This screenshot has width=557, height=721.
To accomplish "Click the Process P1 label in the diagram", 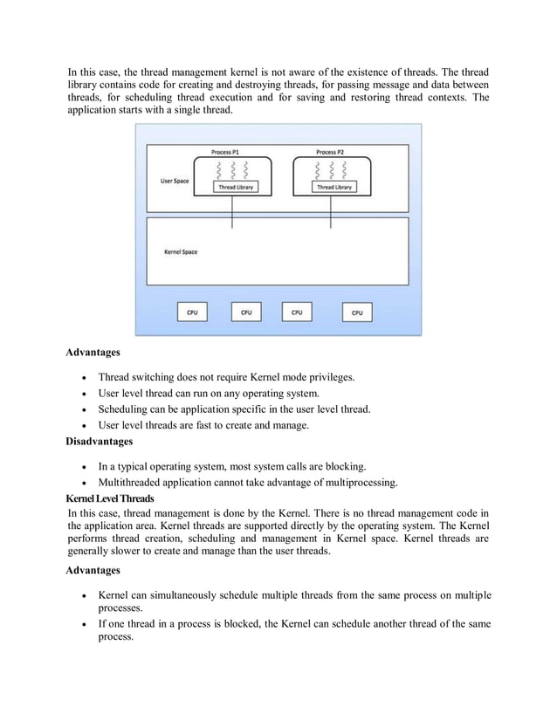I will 232,152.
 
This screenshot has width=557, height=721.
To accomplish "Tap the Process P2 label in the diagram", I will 330,152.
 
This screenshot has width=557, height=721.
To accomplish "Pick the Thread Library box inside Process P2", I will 334,187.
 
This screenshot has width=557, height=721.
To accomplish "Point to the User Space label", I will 175,181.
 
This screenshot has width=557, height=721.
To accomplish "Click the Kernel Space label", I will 181,252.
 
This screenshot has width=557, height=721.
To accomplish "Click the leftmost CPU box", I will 192,312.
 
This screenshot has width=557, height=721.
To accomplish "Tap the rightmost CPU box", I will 357,312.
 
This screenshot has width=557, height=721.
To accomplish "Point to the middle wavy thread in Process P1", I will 233,169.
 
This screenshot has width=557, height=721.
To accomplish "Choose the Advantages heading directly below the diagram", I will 93,354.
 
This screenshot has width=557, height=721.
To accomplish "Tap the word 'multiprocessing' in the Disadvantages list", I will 356,482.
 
